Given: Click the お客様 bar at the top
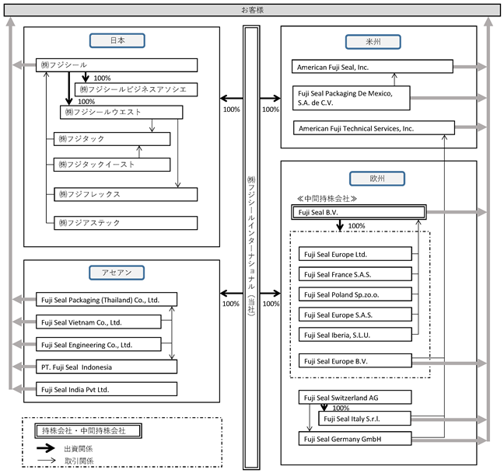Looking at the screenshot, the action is (252, 10).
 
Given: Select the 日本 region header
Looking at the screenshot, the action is (117, 40).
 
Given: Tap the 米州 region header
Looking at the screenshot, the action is (373, 42).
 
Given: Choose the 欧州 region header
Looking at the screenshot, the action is (377, 179).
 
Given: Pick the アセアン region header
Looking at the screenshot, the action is (117, 273).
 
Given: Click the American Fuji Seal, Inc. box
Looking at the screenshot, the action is (373, 67).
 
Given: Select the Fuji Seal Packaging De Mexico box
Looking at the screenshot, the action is (352, 98).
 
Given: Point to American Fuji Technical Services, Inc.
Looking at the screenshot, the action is (374, 128).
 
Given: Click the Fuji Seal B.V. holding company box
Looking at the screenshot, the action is (359, 212).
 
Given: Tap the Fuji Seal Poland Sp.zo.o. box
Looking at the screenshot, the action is (355, 294).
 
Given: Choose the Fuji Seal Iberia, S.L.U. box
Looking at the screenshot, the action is (355, 335).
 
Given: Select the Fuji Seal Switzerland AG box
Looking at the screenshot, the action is (355, 397).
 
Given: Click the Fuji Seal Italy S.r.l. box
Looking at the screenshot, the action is (365, 419).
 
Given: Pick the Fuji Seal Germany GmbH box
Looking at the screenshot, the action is (355, 439).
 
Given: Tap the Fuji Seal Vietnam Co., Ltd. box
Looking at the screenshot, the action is (98, 322).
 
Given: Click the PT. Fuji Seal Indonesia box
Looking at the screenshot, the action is (107, 367).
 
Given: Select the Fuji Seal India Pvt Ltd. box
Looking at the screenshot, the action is (107, 389).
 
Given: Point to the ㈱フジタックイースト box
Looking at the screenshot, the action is (112, 165).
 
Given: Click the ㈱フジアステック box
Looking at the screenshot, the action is (126, 223).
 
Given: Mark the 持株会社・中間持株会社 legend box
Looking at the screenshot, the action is (88, 430).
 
